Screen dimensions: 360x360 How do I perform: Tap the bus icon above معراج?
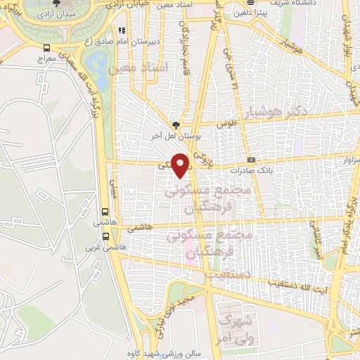pos(47,49)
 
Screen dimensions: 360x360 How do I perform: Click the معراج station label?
pos(47,60)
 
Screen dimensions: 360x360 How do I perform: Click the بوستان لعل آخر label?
pos(168,133)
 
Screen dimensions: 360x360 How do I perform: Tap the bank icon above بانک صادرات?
pos(251,159)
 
